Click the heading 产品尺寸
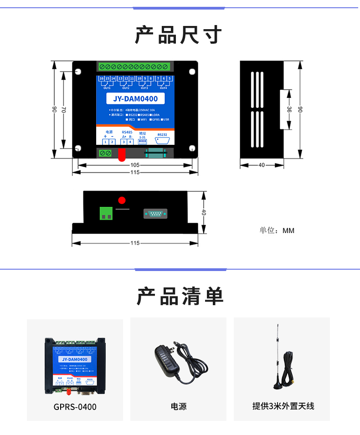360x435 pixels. pyautogui.click(x=179, y=36)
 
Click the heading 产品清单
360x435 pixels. pyautogui.click(x=180, y=297)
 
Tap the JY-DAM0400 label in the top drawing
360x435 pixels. pyautogui.click(x=135, y=98)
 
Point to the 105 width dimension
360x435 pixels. pyautogui.click(x=135, y=165)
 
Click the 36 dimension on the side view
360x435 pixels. pyautogui.click(x=289, y=109)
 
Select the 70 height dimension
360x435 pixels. pyautogui.click(x=64, y=110)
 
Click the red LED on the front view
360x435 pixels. pyautogui.click(x=122, y=200)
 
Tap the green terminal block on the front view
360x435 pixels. pyautogui.click(x=106, y=213)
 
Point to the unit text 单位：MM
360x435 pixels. pyautogui.click(x=277, y=230)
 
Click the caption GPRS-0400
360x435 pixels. pyautogui.click(x=75, y=407)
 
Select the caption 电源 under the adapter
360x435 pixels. pyautogui.click(x=178, y=406)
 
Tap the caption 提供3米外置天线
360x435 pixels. pyautogui.click(x=283, y=406)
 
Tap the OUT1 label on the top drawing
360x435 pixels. pyautogui.click(x=107, y=88)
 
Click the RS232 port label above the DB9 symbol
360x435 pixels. pyautogui.click(x=162, y=135)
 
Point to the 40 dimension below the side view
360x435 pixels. pyautogui.click(x=262, y=165)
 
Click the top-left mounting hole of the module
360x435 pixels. pyautogui.click(x=78, y=72)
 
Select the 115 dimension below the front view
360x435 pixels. pyautogui.click(x=135, y=243)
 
